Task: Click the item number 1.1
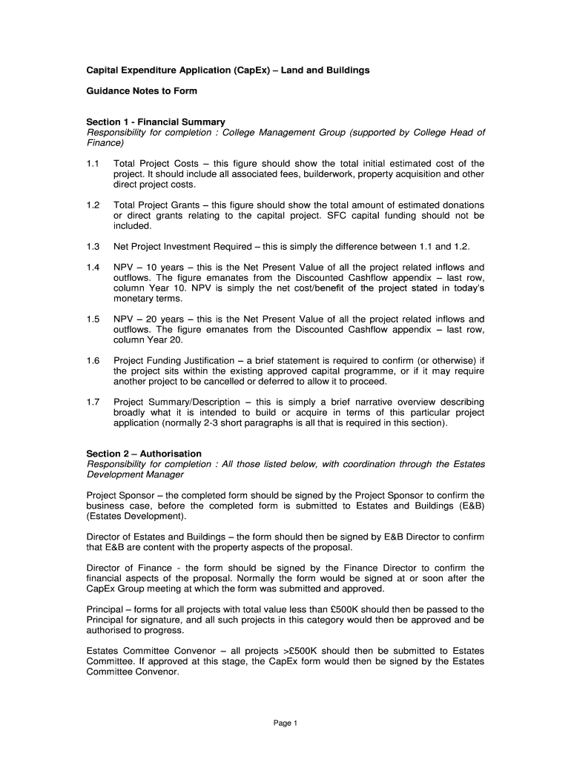(x=93, y=163)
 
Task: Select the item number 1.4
(x=93, y=267)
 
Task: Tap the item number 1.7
(x=93, y=402)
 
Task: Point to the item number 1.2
(x=93, y=205)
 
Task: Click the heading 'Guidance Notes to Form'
(x=142, y=91)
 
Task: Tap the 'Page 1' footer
(x=285, y=724)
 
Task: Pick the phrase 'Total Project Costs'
(x=151, y=163)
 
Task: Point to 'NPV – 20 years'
(x=148, y=319)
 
